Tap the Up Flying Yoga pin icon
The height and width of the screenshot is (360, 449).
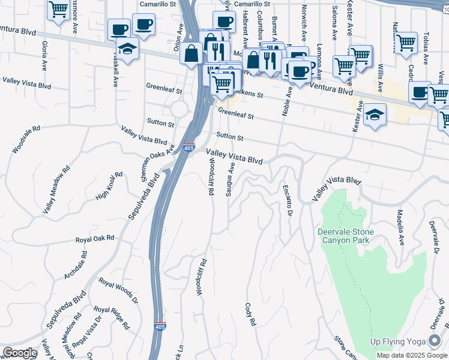point(435,341)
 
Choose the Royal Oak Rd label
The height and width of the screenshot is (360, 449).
point(95,238)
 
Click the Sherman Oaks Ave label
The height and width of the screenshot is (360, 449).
point(157,163)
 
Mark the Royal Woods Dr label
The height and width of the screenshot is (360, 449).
point(118,291)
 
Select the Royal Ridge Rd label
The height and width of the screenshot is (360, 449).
point(111,318)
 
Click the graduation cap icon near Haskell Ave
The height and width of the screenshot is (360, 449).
point(128,48)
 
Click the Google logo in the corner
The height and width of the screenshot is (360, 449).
point(19,353)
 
